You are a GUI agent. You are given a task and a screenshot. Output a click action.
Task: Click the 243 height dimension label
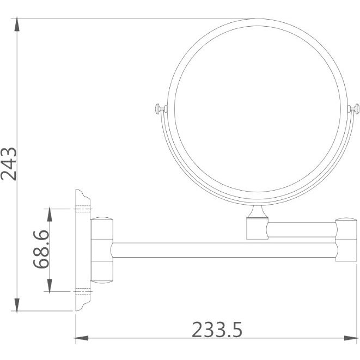pyautogui.click(x=9, y=164)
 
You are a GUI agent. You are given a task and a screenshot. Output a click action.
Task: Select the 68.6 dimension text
pyautogui.click(x=41, y=249)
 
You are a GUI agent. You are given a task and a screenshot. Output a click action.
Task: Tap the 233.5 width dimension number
pyautogui.click(x=217, y=330)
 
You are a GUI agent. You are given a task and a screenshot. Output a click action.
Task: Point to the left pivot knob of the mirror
pyautogui.click(x=161, y=109)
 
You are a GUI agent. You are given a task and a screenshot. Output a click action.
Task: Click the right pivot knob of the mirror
pyautogui.click(x=353, y=109)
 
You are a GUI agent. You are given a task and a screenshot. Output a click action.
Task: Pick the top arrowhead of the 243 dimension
pyautogui.click(x=17, y=24)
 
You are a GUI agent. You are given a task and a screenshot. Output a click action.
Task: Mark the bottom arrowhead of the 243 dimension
pyautogui.click(x=17, y=304)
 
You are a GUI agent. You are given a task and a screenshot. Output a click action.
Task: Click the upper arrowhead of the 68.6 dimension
pyautogui.click(x=50, y=215)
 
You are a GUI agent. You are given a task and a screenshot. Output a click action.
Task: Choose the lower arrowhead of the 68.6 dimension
pyautogui.click(x=50, y=285)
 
